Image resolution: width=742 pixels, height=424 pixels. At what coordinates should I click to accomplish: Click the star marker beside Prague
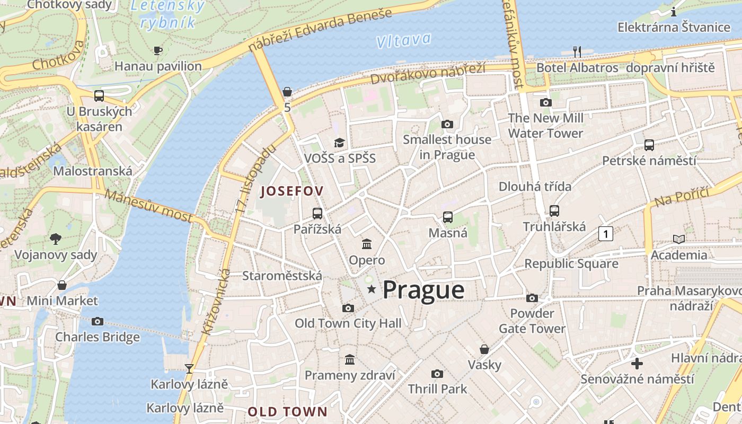point(372,289)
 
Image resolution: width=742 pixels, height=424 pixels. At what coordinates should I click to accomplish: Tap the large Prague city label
point(423,290)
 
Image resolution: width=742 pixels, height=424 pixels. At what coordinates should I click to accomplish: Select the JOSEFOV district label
point(292,191)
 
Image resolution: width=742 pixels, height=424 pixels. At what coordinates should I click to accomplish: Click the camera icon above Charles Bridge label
point(97,321)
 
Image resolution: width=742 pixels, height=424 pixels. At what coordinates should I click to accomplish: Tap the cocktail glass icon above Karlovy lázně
point(189,368)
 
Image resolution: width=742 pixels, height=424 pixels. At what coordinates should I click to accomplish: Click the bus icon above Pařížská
point(317,214)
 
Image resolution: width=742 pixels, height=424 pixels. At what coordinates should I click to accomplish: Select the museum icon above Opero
point(367,244)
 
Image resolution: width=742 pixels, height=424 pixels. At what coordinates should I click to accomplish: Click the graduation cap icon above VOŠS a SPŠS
point(339,142)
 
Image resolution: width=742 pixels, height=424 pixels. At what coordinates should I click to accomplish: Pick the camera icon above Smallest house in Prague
point(447,124)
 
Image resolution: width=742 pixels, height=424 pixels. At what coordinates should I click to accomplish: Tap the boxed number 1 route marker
point(606,233)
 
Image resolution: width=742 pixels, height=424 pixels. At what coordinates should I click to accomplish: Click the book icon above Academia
point(678,239)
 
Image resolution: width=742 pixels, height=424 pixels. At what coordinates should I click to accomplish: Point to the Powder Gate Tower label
point(532,321)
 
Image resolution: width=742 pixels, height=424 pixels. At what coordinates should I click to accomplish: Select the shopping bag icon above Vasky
point(484,349)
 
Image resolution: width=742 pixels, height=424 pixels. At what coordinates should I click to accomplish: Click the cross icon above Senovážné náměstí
point(637,364)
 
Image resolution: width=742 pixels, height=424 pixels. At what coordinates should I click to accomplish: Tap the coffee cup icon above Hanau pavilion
point(157,50)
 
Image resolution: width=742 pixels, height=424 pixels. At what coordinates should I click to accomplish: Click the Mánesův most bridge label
point(148,205)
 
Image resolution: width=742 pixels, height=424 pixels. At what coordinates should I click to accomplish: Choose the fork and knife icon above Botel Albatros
point(577,51)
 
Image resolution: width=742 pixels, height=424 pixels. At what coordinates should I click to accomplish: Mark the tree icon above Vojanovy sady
point(56,239)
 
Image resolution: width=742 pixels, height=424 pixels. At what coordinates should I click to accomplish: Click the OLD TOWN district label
point(287,412)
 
